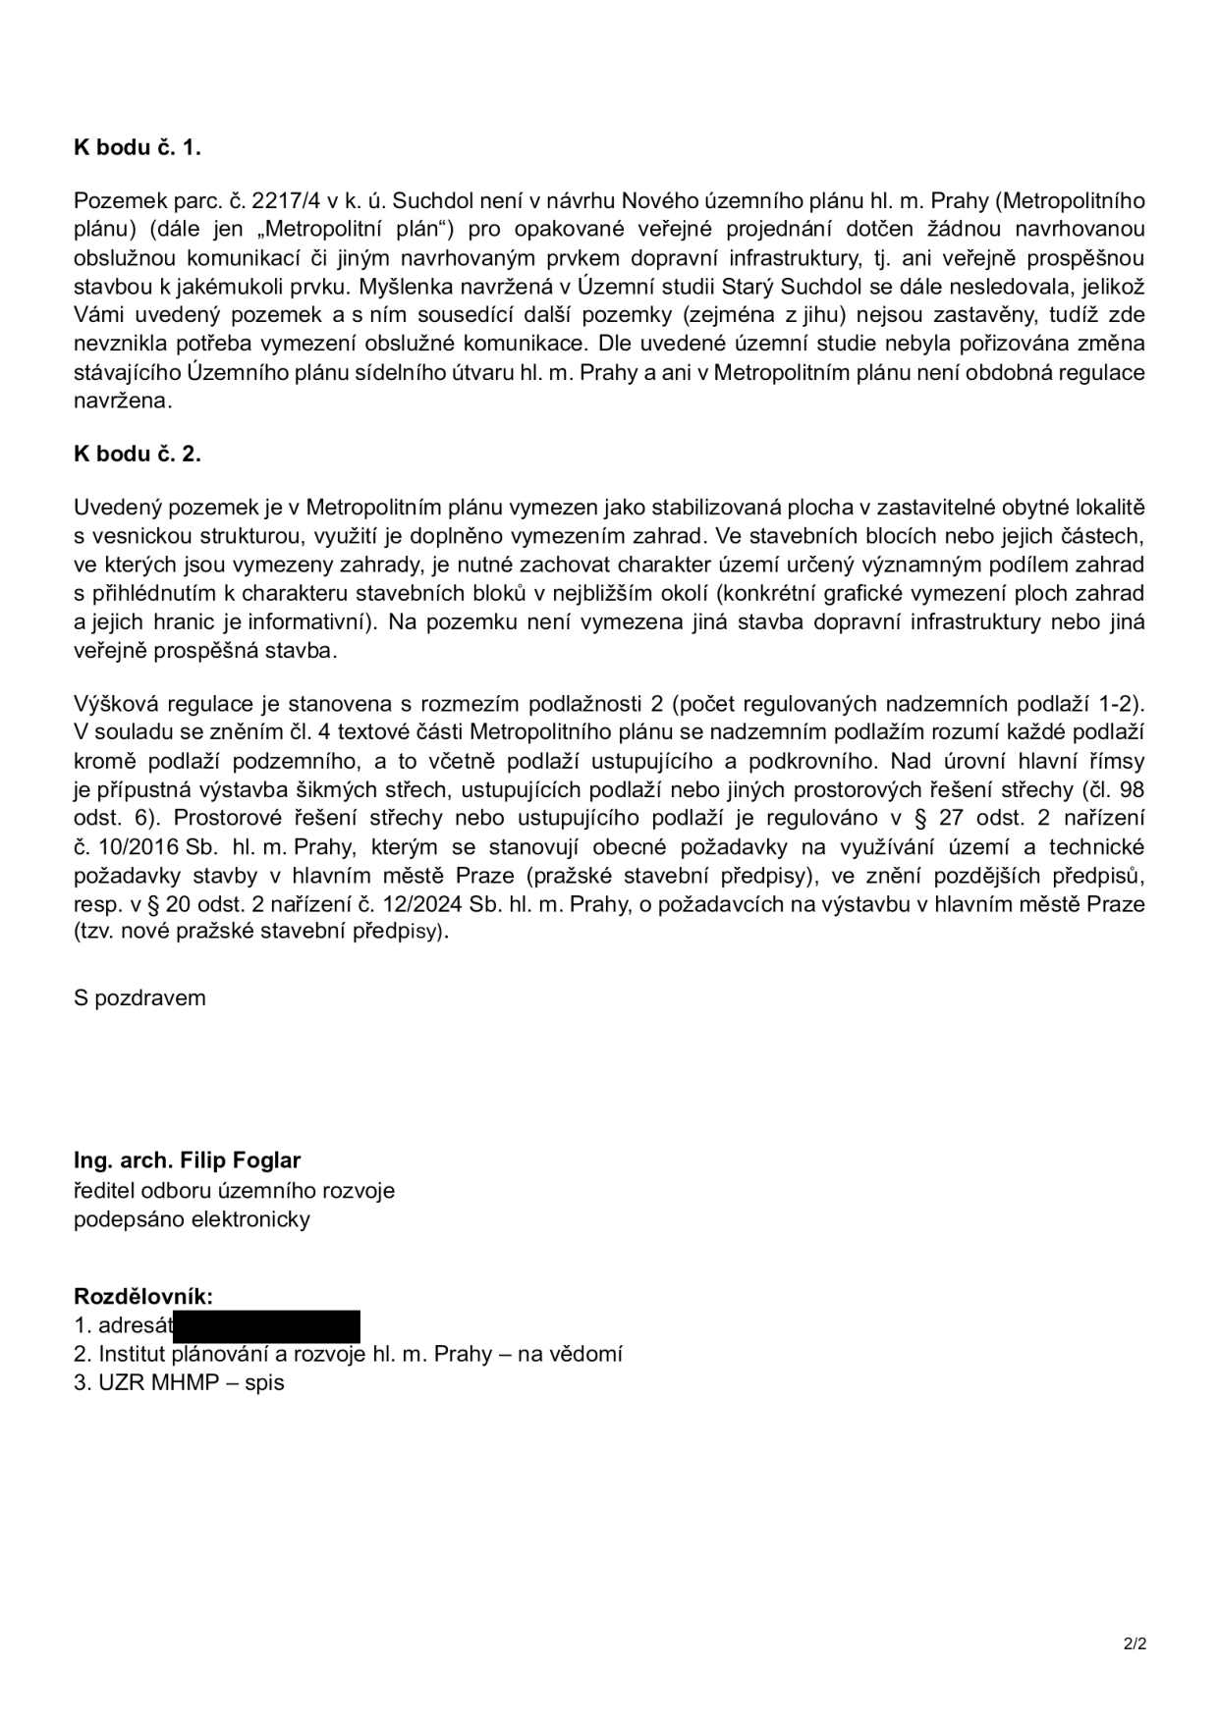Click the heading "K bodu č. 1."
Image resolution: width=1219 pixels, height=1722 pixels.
pos(137,147)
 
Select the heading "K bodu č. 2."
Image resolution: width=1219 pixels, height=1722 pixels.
pos(137,454)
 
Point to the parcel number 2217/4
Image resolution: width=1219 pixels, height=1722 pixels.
pos(285,201)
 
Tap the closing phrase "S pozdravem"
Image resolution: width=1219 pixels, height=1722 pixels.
pos(139,997)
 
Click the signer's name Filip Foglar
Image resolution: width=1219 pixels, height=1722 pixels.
pos(241,1159)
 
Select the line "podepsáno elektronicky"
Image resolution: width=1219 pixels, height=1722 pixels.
pos(192,1219)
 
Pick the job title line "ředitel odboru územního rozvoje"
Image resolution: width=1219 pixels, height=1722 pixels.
pos(234,1190)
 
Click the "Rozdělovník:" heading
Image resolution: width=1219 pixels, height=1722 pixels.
pos(143,1296)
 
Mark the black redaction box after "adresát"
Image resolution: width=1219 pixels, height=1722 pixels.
pos(266,1325)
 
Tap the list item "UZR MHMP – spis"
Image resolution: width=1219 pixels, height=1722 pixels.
pos(179,1383)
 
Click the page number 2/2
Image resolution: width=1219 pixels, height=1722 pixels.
pos(1135,1642)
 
